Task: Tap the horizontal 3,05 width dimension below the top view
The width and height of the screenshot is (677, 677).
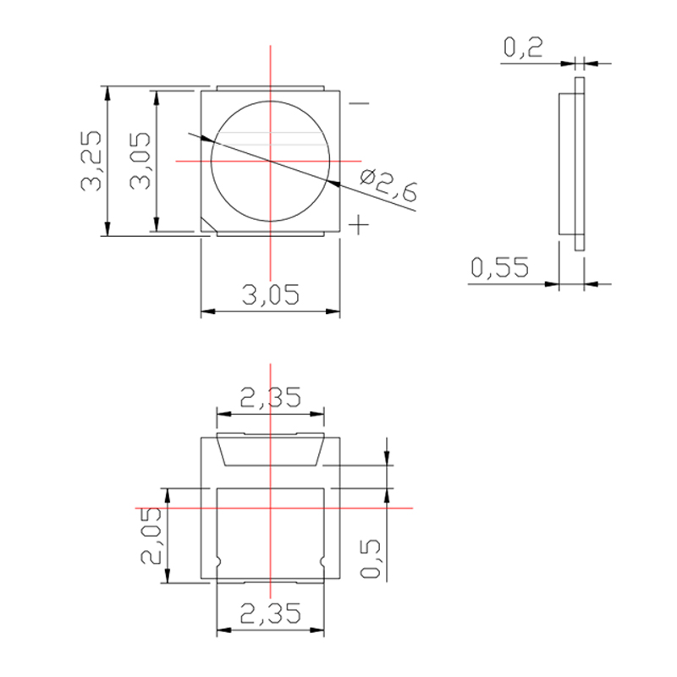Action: [x=271, y=295]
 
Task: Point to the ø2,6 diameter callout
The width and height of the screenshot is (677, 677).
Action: [x=388, y=185]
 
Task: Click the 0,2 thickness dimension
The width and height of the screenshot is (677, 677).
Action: [x=523, y=48]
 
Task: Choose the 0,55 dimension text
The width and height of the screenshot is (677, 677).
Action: [x=499, y=268]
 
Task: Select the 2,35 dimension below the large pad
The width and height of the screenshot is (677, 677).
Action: [x=271, y=612]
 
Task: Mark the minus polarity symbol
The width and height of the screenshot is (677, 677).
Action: [x=360, y=105]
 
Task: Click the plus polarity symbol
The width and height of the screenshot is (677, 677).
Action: [x=360, y=224]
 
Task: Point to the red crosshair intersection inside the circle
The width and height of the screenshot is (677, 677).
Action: [x=271, y=161]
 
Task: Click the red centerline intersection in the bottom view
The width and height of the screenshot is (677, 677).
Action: [x=271, y=508]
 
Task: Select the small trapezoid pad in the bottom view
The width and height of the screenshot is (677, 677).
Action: [x=271, y=451]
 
